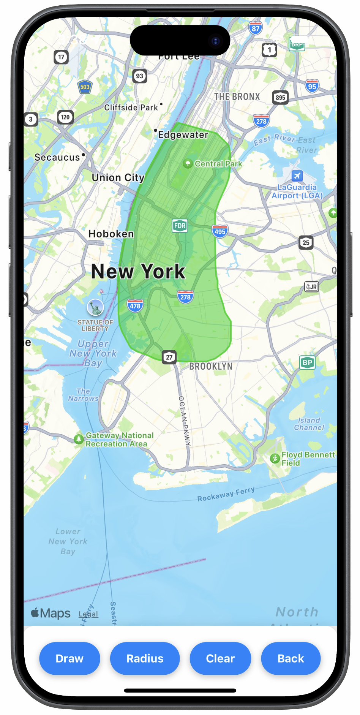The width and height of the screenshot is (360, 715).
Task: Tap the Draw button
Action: [x=69, y=658]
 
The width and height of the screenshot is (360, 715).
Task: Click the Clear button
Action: [x=220, y=658]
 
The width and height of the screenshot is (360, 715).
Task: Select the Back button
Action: [x=291, y=658]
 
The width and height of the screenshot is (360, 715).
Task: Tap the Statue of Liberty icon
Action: [x=95, y=307]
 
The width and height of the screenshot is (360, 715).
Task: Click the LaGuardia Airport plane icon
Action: [x=297, y=176]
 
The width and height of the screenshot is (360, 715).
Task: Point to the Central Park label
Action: [x=218, y=164]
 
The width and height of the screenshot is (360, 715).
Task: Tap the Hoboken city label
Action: [x=111, y=234]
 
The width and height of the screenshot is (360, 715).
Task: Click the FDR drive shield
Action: [x=180, y=226]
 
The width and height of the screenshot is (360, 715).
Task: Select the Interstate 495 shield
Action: [x=220, y=231]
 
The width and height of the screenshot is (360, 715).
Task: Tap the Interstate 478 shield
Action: [x=135, y=305]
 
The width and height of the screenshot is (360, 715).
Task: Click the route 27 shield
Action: [x=169, y=357]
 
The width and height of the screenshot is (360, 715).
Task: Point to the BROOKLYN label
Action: [x=211, y=366]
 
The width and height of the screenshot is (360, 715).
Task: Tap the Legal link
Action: [x=88, y=614]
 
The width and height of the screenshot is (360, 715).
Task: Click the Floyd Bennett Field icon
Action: [x=275, y=459]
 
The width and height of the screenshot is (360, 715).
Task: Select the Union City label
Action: [x=118, y=177]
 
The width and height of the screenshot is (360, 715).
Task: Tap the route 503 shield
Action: [x=85, y=87]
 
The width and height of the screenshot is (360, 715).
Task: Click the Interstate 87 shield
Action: [x=256, y=28]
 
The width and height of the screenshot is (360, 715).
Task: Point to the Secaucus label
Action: [x=57, y=157]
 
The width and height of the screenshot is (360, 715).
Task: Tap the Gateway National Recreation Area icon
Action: [x=79, y=439]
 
